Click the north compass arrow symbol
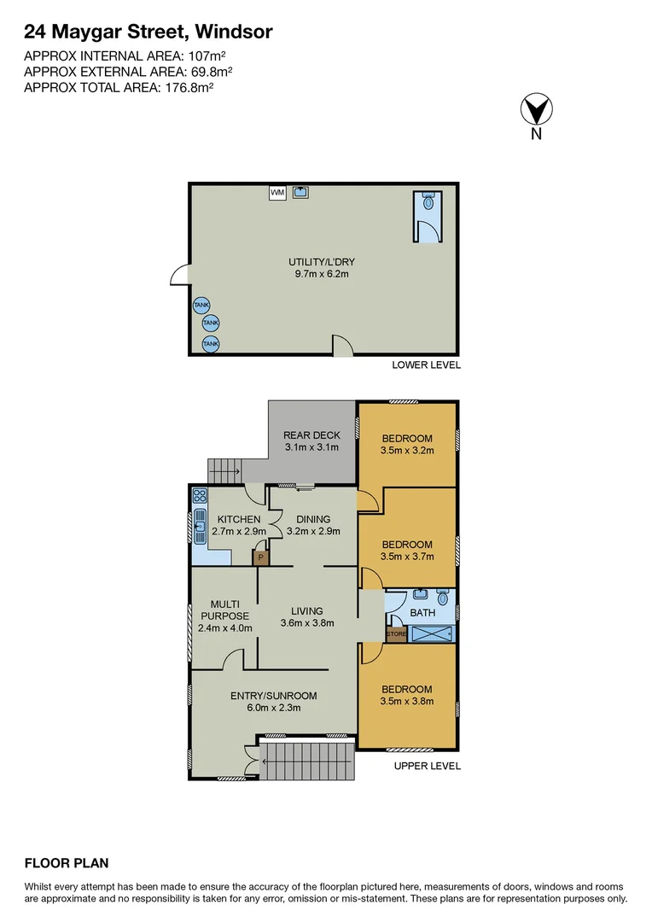(536, 111)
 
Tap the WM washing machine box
(277, 193)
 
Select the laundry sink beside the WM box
(301, 192)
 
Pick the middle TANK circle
(211, 324)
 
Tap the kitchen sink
(199, 527)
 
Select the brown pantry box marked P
(260, 557)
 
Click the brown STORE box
(396, 634)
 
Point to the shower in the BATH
(433, 634)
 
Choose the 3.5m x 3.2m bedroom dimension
(407, 451)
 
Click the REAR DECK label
(311, 435)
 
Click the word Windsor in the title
(233, 32)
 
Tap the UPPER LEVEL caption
(427, 766)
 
